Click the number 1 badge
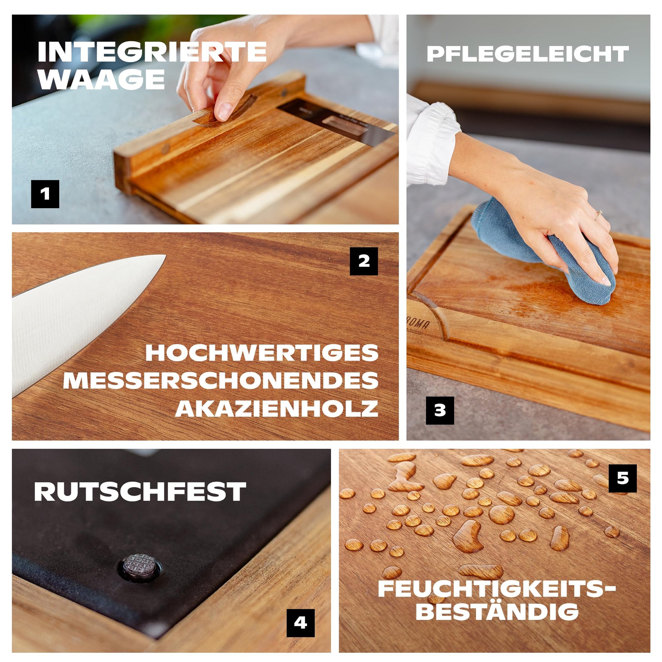point(45,194)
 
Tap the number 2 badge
point(364,261)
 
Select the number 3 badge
point(440,411)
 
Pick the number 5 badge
point(623,478)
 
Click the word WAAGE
point(102,80)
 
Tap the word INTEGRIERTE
point(152,52)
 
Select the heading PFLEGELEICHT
point(528,54)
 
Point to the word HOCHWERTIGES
point(262,352)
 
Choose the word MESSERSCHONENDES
point(221,380)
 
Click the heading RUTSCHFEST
point(140,492)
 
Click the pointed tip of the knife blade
point(165,255)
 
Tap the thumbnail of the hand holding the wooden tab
point(224,111)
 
